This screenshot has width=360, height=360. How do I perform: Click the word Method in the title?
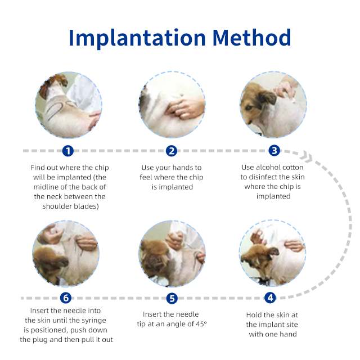tap(252, 37)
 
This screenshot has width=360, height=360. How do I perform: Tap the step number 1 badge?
tap(68, 151)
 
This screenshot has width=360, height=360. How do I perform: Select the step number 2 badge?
tap(172, 151)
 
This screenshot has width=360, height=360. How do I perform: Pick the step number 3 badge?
tap(274, 151)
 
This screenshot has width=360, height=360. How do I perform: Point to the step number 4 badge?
tap(270, 298)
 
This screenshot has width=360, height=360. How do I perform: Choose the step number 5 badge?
tap(172, 298)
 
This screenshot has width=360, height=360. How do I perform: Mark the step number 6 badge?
tap(66, 298)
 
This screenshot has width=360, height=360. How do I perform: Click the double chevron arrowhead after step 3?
tap(307, 156)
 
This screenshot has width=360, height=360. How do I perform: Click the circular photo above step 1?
tap(69, 105)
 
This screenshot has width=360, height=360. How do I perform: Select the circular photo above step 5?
tap(172, 254)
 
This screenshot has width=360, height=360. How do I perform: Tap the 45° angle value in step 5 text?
tap(201, 324)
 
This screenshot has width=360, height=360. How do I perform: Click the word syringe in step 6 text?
tap(93, 321)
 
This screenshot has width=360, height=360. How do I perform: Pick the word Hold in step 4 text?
tap(253, 315)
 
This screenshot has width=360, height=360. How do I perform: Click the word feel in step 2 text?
tap(146, 177)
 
